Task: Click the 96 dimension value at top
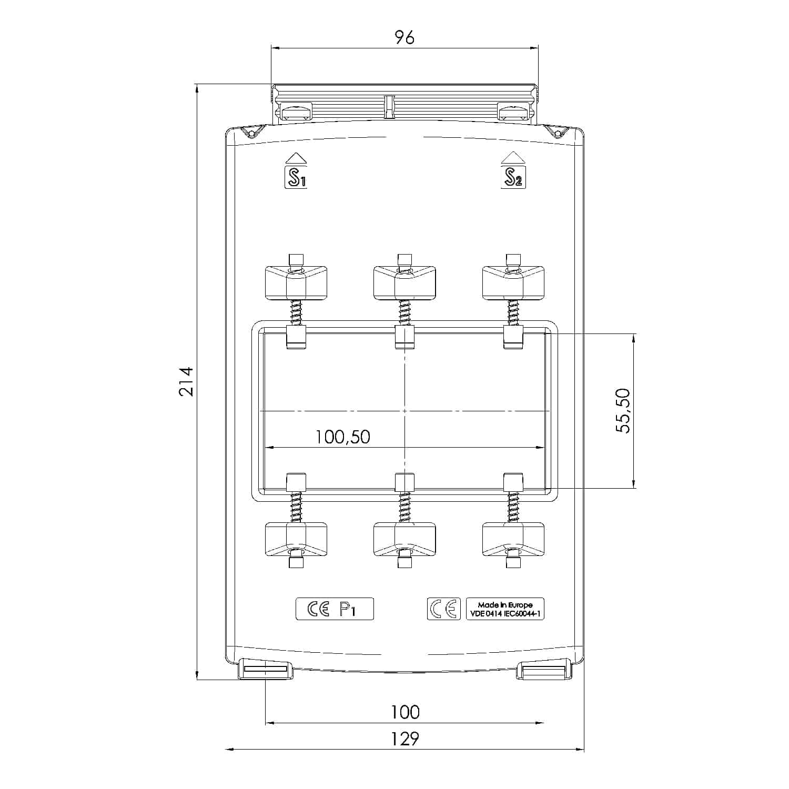(404, 37)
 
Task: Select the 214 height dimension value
(186, 381)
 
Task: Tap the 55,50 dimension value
(623, 410)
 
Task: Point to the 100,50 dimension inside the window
(342, 437)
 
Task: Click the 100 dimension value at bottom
(405, 712)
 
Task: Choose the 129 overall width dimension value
(405, 739)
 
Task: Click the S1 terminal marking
(295, 177)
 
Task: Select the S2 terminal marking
(513, 177)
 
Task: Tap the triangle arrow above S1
(296, 158)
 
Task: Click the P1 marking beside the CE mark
(348, 609)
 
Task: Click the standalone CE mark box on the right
(443, 609)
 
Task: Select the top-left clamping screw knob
(296, 282)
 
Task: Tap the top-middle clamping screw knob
(404, 282)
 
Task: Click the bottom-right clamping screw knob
(513, 540)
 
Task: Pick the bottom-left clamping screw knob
(296, 540)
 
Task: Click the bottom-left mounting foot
(265, 669)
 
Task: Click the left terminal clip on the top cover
(296, 111)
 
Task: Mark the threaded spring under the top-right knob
(513, 312)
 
